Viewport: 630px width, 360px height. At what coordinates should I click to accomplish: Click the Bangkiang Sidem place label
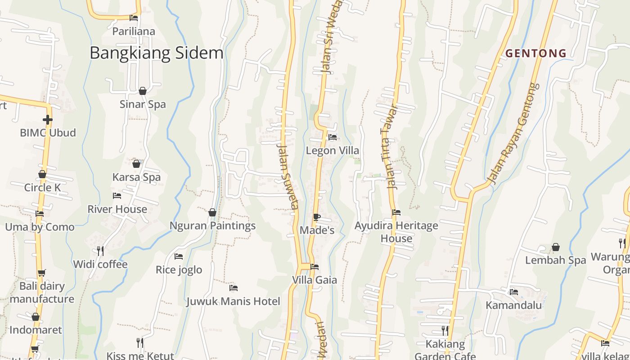coord(157,53)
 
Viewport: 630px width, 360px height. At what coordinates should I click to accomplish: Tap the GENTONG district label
coord(536,53)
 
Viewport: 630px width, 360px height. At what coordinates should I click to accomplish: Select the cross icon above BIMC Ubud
coord(47,120)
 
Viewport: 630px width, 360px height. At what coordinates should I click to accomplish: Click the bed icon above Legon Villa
coord(333,137)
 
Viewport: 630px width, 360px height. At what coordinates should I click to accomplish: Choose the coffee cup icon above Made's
coord(317,217)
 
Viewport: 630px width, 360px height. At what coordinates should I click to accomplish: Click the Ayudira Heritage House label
coord(396,232)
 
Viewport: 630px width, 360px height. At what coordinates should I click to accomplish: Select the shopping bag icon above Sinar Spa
coord(143,91)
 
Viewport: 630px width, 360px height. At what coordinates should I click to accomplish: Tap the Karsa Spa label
coord(136,177)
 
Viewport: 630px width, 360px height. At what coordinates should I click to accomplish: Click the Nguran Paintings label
coord(212,226)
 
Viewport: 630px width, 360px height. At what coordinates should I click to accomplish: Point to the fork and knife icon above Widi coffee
coord(100,251)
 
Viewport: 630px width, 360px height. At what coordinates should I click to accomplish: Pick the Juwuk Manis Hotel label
coord(233,301)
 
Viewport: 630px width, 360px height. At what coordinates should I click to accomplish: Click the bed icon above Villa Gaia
coord(315,267)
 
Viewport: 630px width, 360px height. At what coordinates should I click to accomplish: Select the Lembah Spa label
coord(556,260)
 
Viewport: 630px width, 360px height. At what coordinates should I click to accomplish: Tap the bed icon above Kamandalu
coord(514,292)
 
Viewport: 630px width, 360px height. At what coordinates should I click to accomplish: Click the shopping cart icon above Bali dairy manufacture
coord(42,273)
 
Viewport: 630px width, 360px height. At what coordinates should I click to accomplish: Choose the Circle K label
coord(42,188)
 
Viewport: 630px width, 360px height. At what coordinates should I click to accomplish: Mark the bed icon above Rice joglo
coord(179,256)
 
